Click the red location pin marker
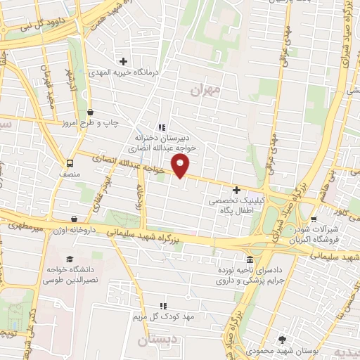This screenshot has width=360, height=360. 181,167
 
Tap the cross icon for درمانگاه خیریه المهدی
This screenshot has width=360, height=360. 124,61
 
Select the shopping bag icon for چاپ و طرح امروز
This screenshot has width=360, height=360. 90,112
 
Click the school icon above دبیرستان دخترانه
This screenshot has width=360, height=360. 162,127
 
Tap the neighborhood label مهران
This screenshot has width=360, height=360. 205,90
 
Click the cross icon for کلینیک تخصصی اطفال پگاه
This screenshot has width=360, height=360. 236,189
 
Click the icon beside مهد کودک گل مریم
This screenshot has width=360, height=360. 162,306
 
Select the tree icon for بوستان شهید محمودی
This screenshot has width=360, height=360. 283,337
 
